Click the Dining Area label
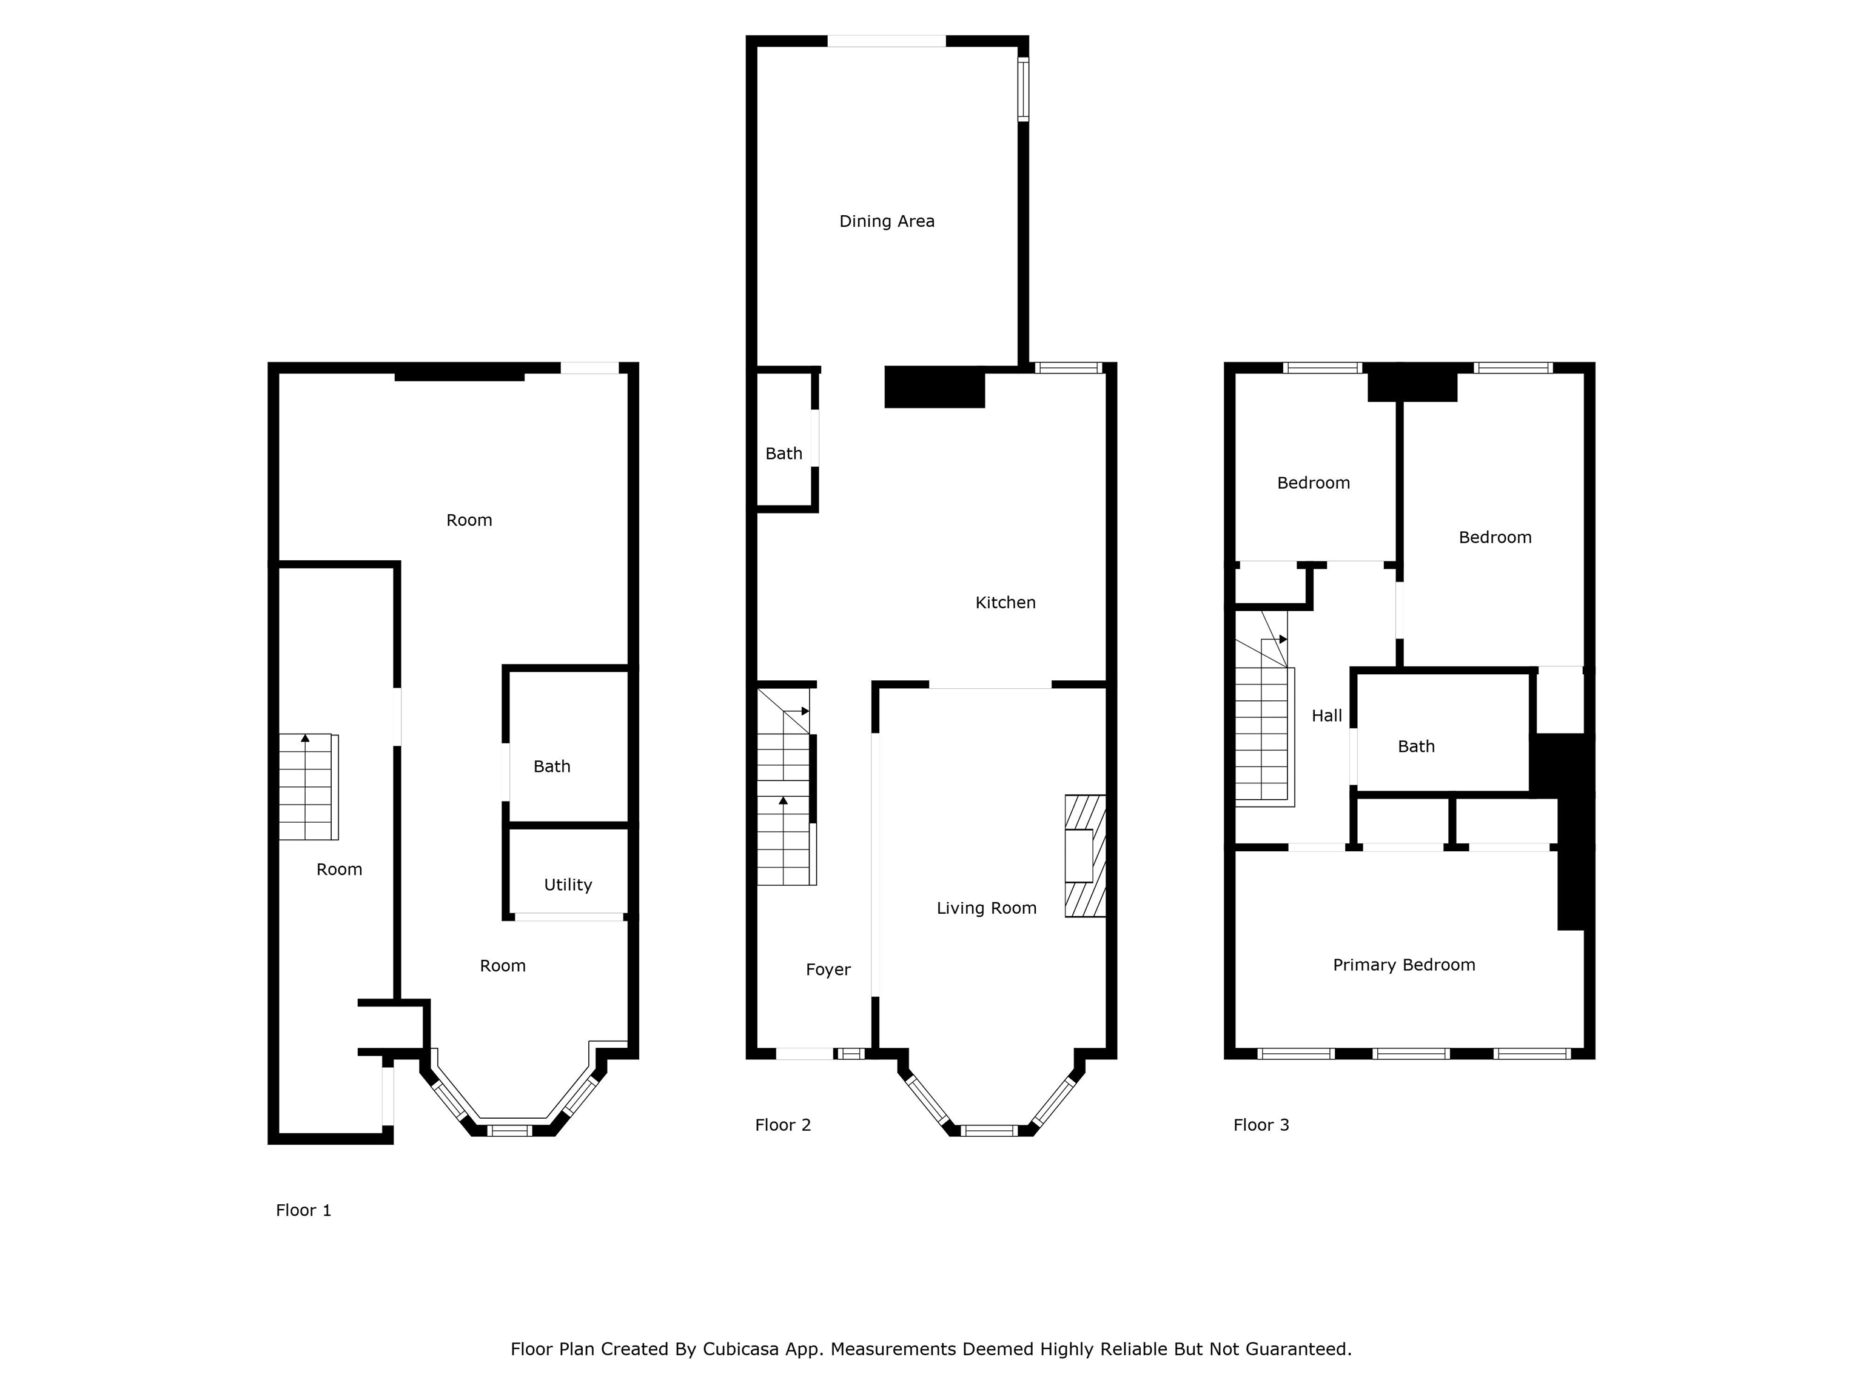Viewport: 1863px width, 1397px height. click(x=887, y=221)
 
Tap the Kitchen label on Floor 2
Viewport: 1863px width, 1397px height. click(x=1005, y=603)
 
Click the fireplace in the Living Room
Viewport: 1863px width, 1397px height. click(x=1085, y=856)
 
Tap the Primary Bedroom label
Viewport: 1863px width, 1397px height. click(x=1404, y=965)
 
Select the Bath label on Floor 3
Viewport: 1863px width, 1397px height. click(x=1416, y=746)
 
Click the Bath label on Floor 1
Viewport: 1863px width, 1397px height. click(x=552, y=766)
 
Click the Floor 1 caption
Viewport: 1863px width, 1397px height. click(x=303, y=1210)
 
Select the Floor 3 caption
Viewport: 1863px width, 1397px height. click(x=1261, y=1125)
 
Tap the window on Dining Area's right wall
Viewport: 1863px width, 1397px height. click(x=1023, y=89)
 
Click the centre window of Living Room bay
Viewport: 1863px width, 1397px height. click(x=990, y=1130)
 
